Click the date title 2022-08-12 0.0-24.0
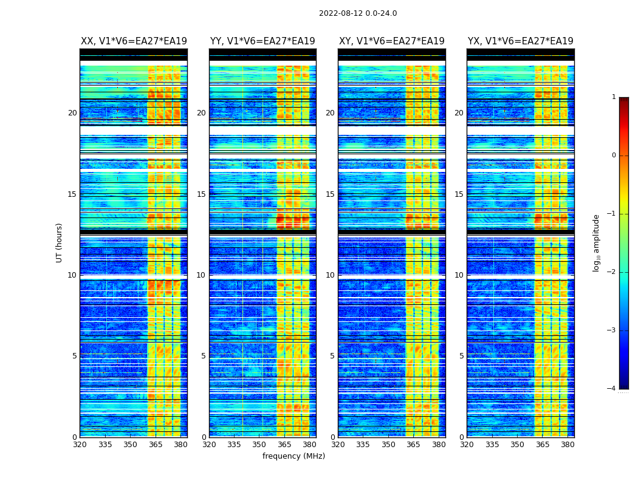(358, 13)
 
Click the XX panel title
(134, 41)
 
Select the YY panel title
(262, 41)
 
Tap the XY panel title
(391, 41)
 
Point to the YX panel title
(520, 41)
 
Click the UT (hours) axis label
(60, 242)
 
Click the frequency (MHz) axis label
(293, 456)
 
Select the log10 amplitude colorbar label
(597, 242)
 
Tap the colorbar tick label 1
(614, 97)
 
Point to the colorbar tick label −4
(612, 389)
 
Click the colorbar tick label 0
(614, 156)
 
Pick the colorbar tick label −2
(612, 272)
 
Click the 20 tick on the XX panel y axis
(72, 113)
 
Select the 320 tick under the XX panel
(80, 445)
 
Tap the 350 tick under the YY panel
(259, 445)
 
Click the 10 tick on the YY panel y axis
(201, 275)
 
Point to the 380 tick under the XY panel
(439, 445)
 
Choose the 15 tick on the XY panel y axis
(330, 194)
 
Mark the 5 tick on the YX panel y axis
(461, 356)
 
